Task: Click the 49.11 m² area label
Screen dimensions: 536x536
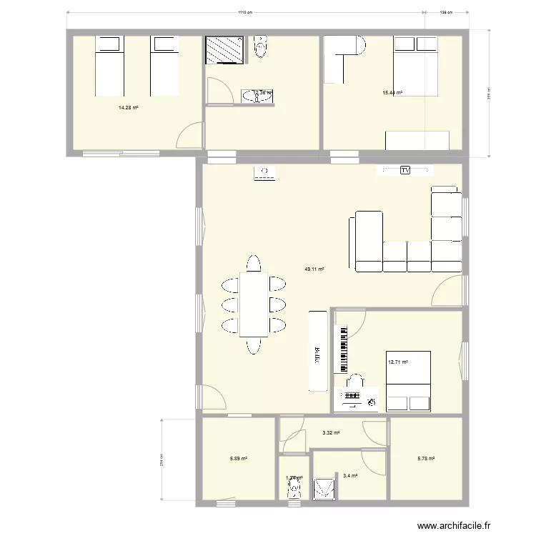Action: pyautogui.click(x=314, y=269)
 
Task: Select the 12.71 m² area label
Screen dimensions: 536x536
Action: pyautogui.click(x=397, y=362)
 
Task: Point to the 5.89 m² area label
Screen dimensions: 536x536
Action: pyautogui.click(x=238, y=459)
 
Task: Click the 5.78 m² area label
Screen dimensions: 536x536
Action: pyautogui.click(x=426, y=459)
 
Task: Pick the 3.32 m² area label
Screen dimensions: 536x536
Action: pyautogui.click(x=331, y=432)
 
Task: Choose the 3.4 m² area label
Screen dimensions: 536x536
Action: pyautogui.click(x=350, y=475)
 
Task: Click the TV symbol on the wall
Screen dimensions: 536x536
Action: pyautogui.click(x=405, y=170)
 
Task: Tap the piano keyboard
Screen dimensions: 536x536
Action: pyautogui.click(x=342, y=349)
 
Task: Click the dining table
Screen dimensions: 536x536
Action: pyautogui.click(x=254, y=304)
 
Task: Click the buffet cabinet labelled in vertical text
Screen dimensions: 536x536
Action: pyautogui.click(x=317, y=350)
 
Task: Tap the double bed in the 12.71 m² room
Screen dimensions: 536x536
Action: pyautogui.click(x=408, y=382)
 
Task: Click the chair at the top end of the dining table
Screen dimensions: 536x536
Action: pyautogui.click(x=254, y=263)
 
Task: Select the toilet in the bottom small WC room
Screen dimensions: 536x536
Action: pyautogui.click(x=293, y=489)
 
